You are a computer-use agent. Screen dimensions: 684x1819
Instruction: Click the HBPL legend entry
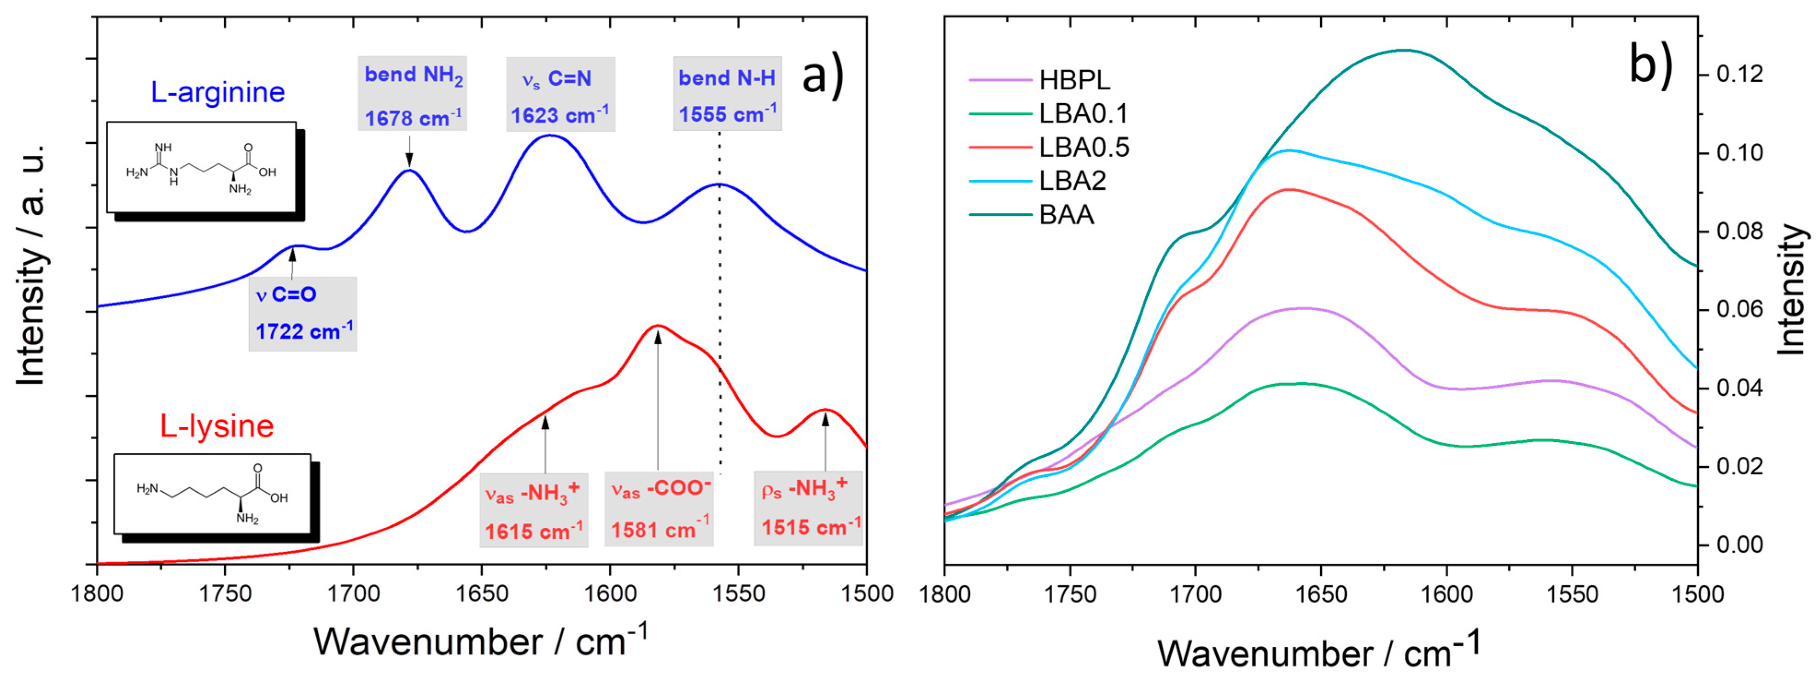click(1073, 81)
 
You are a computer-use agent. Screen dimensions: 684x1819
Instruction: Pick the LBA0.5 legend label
click(1084, 147)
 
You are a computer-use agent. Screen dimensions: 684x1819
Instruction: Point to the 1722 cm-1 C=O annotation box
click(302, 314)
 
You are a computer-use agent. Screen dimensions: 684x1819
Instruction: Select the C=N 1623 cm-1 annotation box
click(560, 94)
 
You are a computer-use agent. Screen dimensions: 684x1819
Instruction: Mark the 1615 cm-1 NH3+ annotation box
click(533, 510)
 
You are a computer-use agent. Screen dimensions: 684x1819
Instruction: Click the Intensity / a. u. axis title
click(31, 265)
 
